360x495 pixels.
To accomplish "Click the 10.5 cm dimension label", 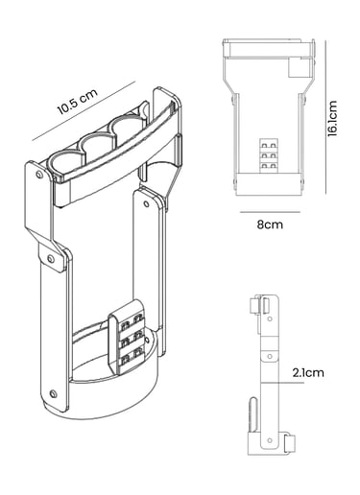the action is pyautogui.click(x=77, y=102).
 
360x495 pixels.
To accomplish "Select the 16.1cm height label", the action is pyautogui.click(x=333, y=119).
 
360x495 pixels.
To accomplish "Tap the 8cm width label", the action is pyautogui.click(x=270, y=224).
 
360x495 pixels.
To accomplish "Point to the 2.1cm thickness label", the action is pyautogui.click(x=308, y=372).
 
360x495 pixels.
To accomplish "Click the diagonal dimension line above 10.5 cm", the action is pyautogui.click(x=84, y=111).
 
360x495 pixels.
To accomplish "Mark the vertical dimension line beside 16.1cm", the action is pyautogui.click(x=325, y=117).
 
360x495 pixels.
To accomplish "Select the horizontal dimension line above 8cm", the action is pyautogui.click(x=270, y=212).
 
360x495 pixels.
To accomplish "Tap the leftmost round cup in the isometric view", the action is pyautogui.click(x=65, y=163).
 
